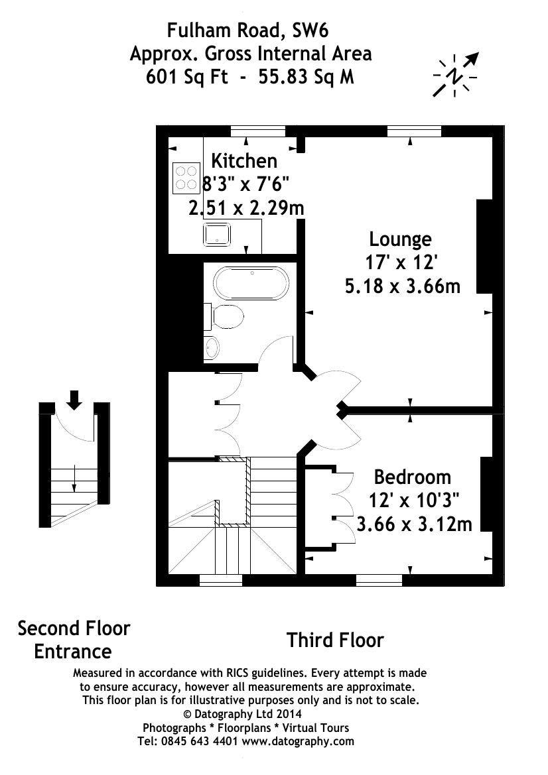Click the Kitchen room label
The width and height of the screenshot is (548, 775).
click(x=243, y=160)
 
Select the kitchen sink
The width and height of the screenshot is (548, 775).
click(x=217, y=234)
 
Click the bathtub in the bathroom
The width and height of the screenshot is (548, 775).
click(x=251, y=283)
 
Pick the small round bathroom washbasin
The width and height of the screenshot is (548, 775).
click(x=212, y=347)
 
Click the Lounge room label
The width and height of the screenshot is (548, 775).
click(x=400, y=239)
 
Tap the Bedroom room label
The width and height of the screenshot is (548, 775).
click(x=412, y=477)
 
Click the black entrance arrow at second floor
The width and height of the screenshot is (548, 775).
click(x=74, y=399)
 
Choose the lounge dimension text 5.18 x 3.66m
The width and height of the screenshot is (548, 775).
click(x=402, y=286)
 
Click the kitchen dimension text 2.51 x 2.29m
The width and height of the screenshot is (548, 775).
click(x=246, y=208)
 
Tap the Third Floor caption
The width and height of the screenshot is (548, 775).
click(x=335, y=640)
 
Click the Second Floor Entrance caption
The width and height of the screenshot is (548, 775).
click(x=74, y=639)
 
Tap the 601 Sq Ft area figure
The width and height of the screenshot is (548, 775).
click(x=187, y=77)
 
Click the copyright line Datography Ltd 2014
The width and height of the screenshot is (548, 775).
click(x=242, y=714)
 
